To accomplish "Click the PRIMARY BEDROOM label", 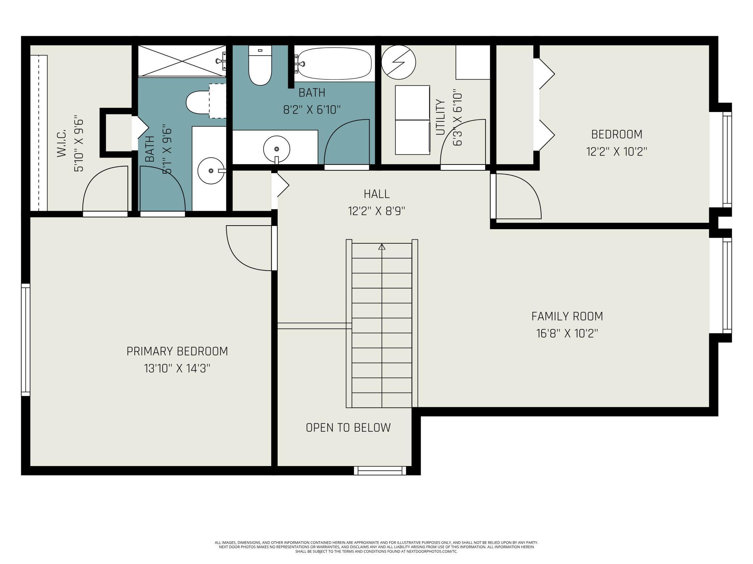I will [x=177, y=351].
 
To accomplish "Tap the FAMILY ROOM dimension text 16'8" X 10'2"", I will [x=567, y=333].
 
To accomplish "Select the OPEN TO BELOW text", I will [x=348, y=427].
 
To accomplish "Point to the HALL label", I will [x=376, y=194].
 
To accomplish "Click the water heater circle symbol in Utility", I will [x=398, y=62].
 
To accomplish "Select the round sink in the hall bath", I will [x=277, y=149].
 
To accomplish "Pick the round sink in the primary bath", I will [x=211, y=171].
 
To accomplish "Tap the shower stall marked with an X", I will [x=182, y=60].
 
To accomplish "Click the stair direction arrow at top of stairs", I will [x=382, y=247].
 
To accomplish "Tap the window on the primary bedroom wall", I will [x=25, y=340].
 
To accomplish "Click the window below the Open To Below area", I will [x=380, y=470].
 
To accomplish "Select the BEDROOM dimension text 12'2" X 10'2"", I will [x=617, y=151].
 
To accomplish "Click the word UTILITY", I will [x=440, y=117].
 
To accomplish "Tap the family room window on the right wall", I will [x=727, y=286].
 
